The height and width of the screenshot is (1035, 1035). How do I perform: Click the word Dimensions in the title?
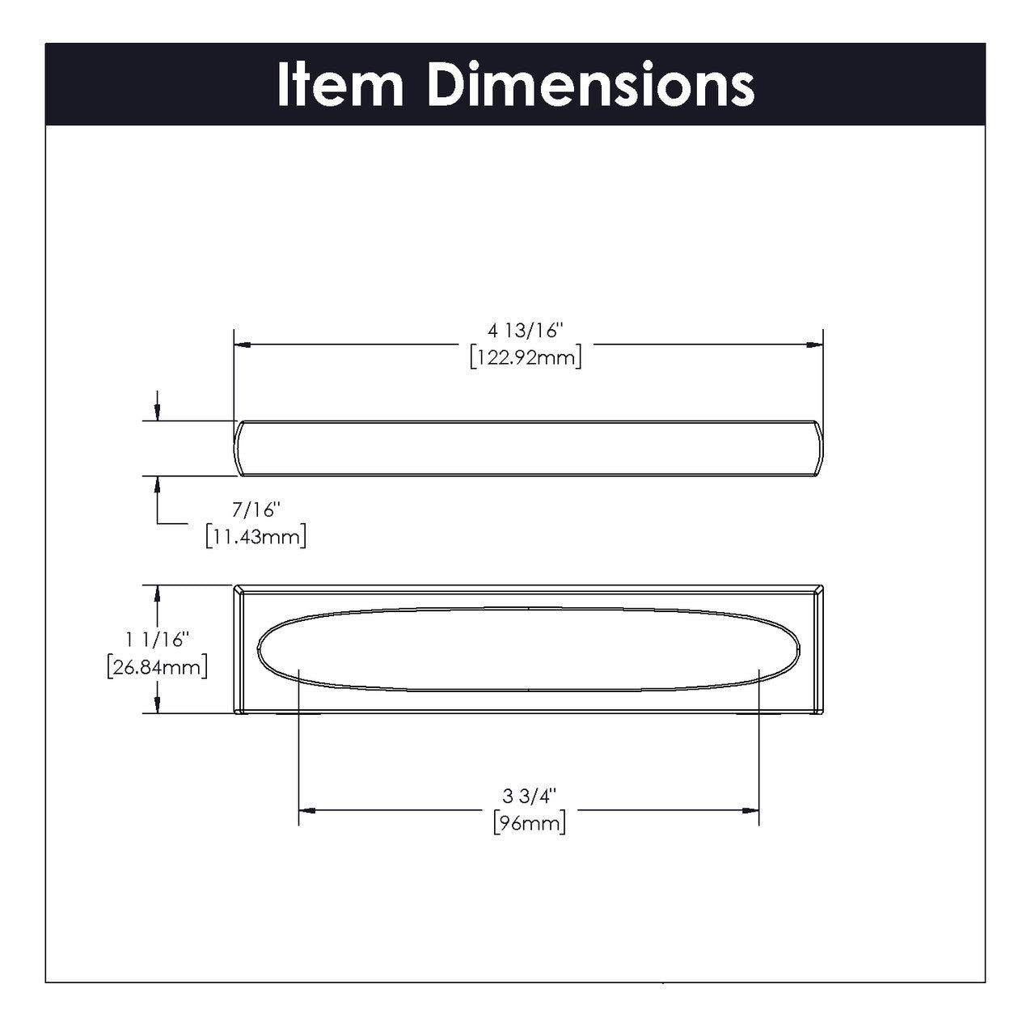(x=590, y=85)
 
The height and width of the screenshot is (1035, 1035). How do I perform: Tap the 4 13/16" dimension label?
(x=525, y=332)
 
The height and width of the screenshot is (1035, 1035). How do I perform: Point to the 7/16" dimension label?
(x=255, y=511)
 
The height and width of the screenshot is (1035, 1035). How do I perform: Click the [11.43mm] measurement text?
(x=256, y=536)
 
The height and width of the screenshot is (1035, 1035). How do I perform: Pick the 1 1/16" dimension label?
(x=157, y=640)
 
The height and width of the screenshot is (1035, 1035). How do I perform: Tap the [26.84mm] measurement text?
(x=157, y=667)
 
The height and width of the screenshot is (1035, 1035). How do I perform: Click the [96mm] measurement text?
(x=529, y=823)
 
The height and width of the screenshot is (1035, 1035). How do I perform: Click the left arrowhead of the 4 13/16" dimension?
(x=241, y=345)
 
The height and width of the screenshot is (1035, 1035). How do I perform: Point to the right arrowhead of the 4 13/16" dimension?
(x=815, y=345)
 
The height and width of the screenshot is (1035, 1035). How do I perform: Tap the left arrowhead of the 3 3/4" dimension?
(x=306, y=809)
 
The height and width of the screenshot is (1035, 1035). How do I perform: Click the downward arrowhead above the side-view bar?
(x=157, y=413)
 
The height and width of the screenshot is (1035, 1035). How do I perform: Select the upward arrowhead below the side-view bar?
(x=157, y=484)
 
